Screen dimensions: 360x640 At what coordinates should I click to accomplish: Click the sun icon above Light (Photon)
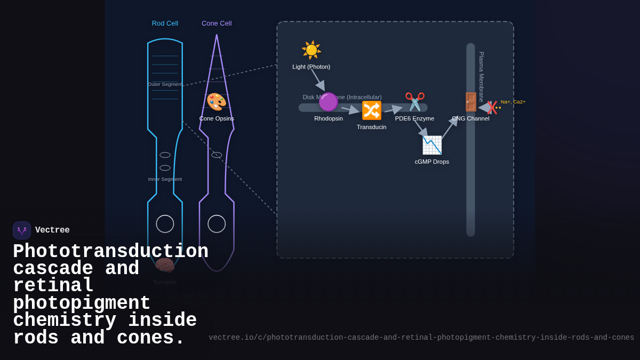pos(311,50)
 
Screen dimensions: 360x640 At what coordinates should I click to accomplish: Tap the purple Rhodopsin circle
pos(328,102)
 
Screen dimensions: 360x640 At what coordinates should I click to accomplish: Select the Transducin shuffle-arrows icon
pos(372,110)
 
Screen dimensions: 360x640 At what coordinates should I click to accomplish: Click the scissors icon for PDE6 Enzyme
pos(415,102)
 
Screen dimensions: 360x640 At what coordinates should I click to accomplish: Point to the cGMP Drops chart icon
pos(432,145)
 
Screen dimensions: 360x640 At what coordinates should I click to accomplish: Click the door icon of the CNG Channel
pos(470,102)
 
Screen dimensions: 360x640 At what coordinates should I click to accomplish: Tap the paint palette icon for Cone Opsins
pos(217,102)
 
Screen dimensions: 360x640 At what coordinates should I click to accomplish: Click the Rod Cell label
pos(165,23)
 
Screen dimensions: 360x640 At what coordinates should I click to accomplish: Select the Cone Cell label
pos(217,23)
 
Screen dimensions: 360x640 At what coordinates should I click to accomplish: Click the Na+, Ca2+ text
pos(513,102)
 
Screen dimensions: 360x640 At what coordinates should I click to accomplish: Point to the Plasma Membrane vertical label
pos(482,76)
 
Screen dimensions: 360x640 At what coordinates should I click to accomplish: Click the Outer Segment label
pos(165,84)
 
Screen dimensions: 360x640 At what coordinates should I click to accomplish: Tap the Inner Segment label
pos(165,179)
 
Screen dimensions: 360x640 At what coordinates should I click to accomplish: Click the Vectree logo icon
pos(22,230)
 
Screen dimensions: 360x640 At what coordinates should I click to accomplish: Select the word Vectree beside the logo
pos(52,230)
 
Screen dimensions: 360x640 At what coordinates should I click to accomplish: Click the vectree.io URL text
pos(421,338)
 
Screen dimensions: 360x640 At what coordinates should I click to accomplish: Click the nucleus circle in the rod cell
pos(165,224)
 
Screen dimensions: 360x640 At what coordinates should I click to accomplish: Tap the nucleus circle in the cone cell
pos(217,224)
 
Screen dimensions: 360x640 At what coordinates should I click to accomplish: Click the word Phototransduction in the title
pos(110,252)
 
